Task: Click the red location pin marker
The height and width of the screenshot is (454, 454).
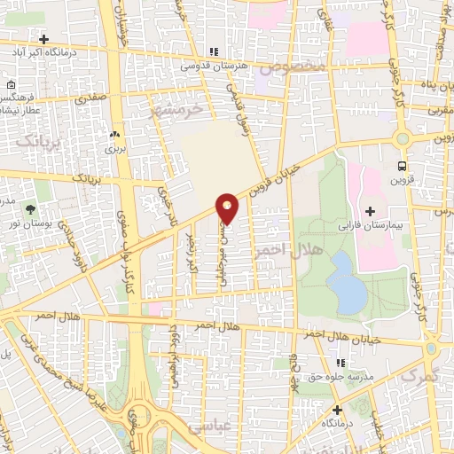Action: point(228,208)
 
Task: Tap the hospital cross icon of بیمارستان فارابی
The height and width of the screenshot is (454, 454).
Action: point(369,210)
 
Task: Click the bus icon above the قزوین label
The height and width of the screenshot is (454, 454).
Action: point(403,165)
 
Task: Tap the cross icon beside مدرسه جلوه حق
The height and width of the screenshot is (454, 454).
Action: point(340,362)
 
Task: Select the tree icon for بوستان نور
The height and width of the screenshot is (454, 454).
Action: point(32,210)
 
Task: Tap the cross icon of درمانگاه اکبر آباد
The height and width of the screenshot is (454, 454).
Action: point(43,39)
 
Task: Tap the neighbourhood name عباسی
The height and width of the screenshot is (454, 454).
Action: point(234,426)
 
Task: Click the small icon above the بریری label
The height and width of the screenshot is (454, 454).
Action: point(113,134)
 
